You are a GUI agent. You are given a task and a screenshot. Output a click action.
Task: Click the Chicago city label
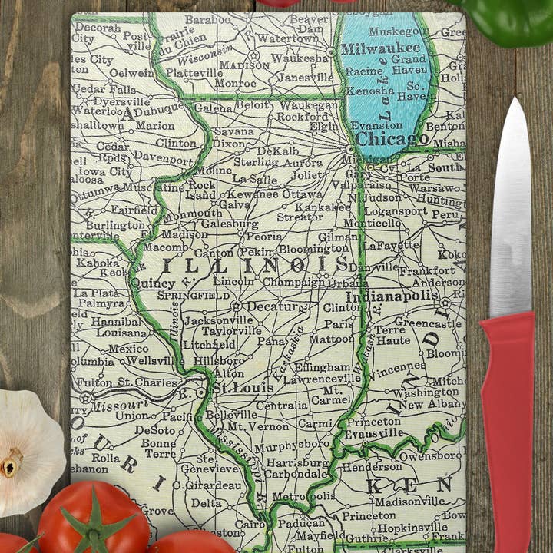tap(392, 139)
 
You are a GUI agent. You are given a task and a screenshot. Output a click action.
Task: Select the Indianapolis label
tap(392, 296)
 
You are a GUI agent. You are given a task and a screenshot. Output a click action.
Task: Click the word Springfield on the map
tap(194, 295)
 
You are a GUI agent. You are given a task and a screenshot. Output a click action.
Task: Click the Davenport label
tap(163, 155)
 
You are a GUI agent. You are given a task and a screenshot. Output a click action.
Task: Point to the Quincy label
tap(153, 283)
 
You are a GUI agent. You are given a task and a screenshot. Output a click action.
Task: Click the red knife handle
tap(508, 430)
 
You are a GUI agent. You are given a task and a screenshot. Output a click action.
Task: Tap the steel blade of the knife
tap(511, 215)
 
